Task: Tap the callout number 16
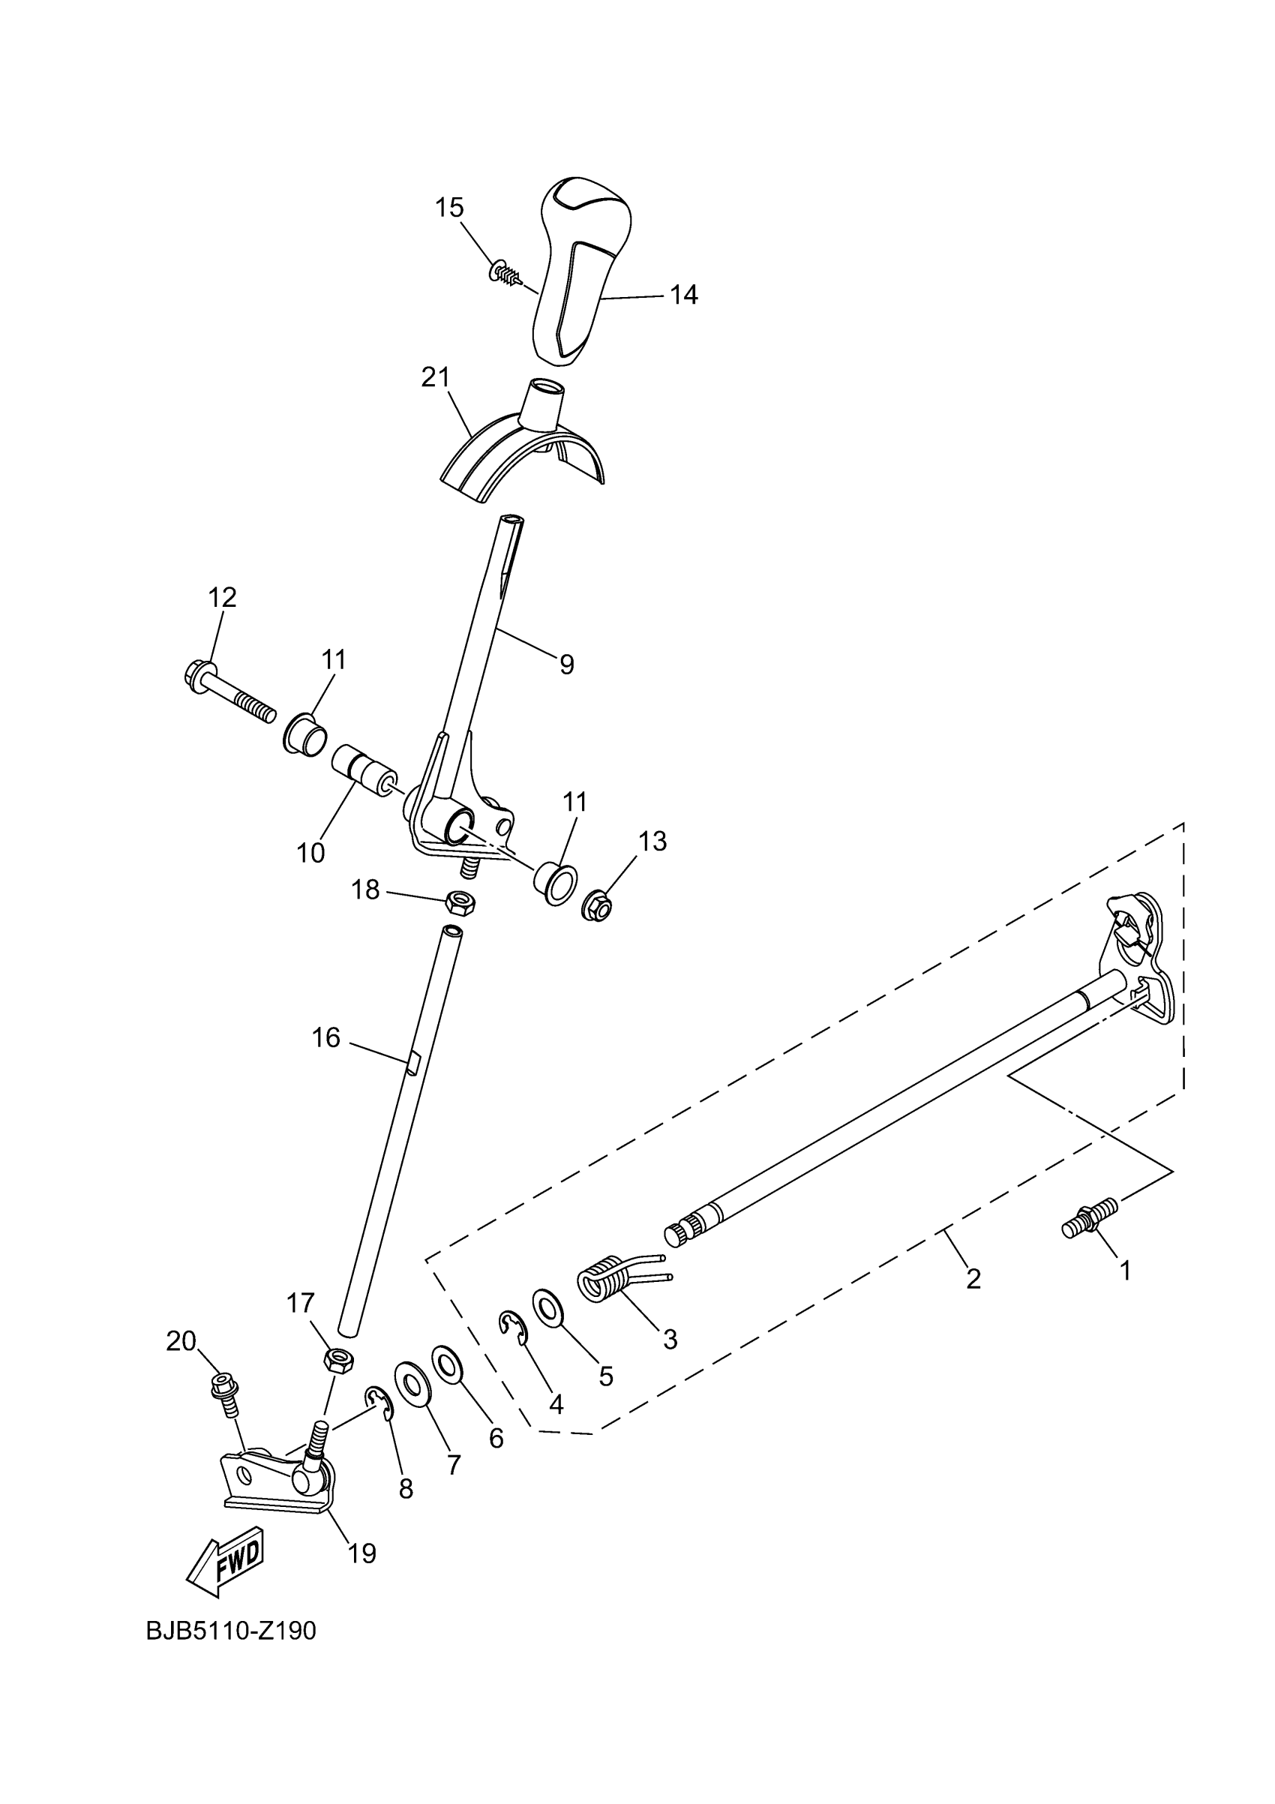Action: [326, 1038]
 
